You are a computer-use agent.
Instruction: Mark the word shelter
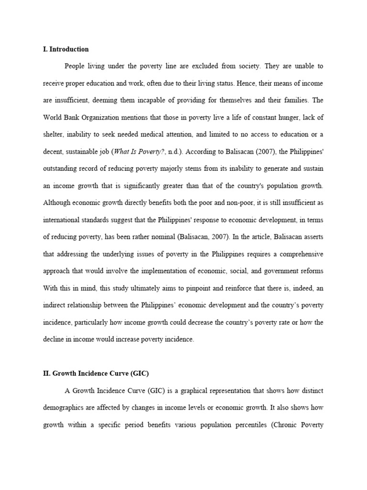(x=53, y=134)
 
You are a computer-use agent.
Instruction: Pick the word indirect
(x=55, y=305)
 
